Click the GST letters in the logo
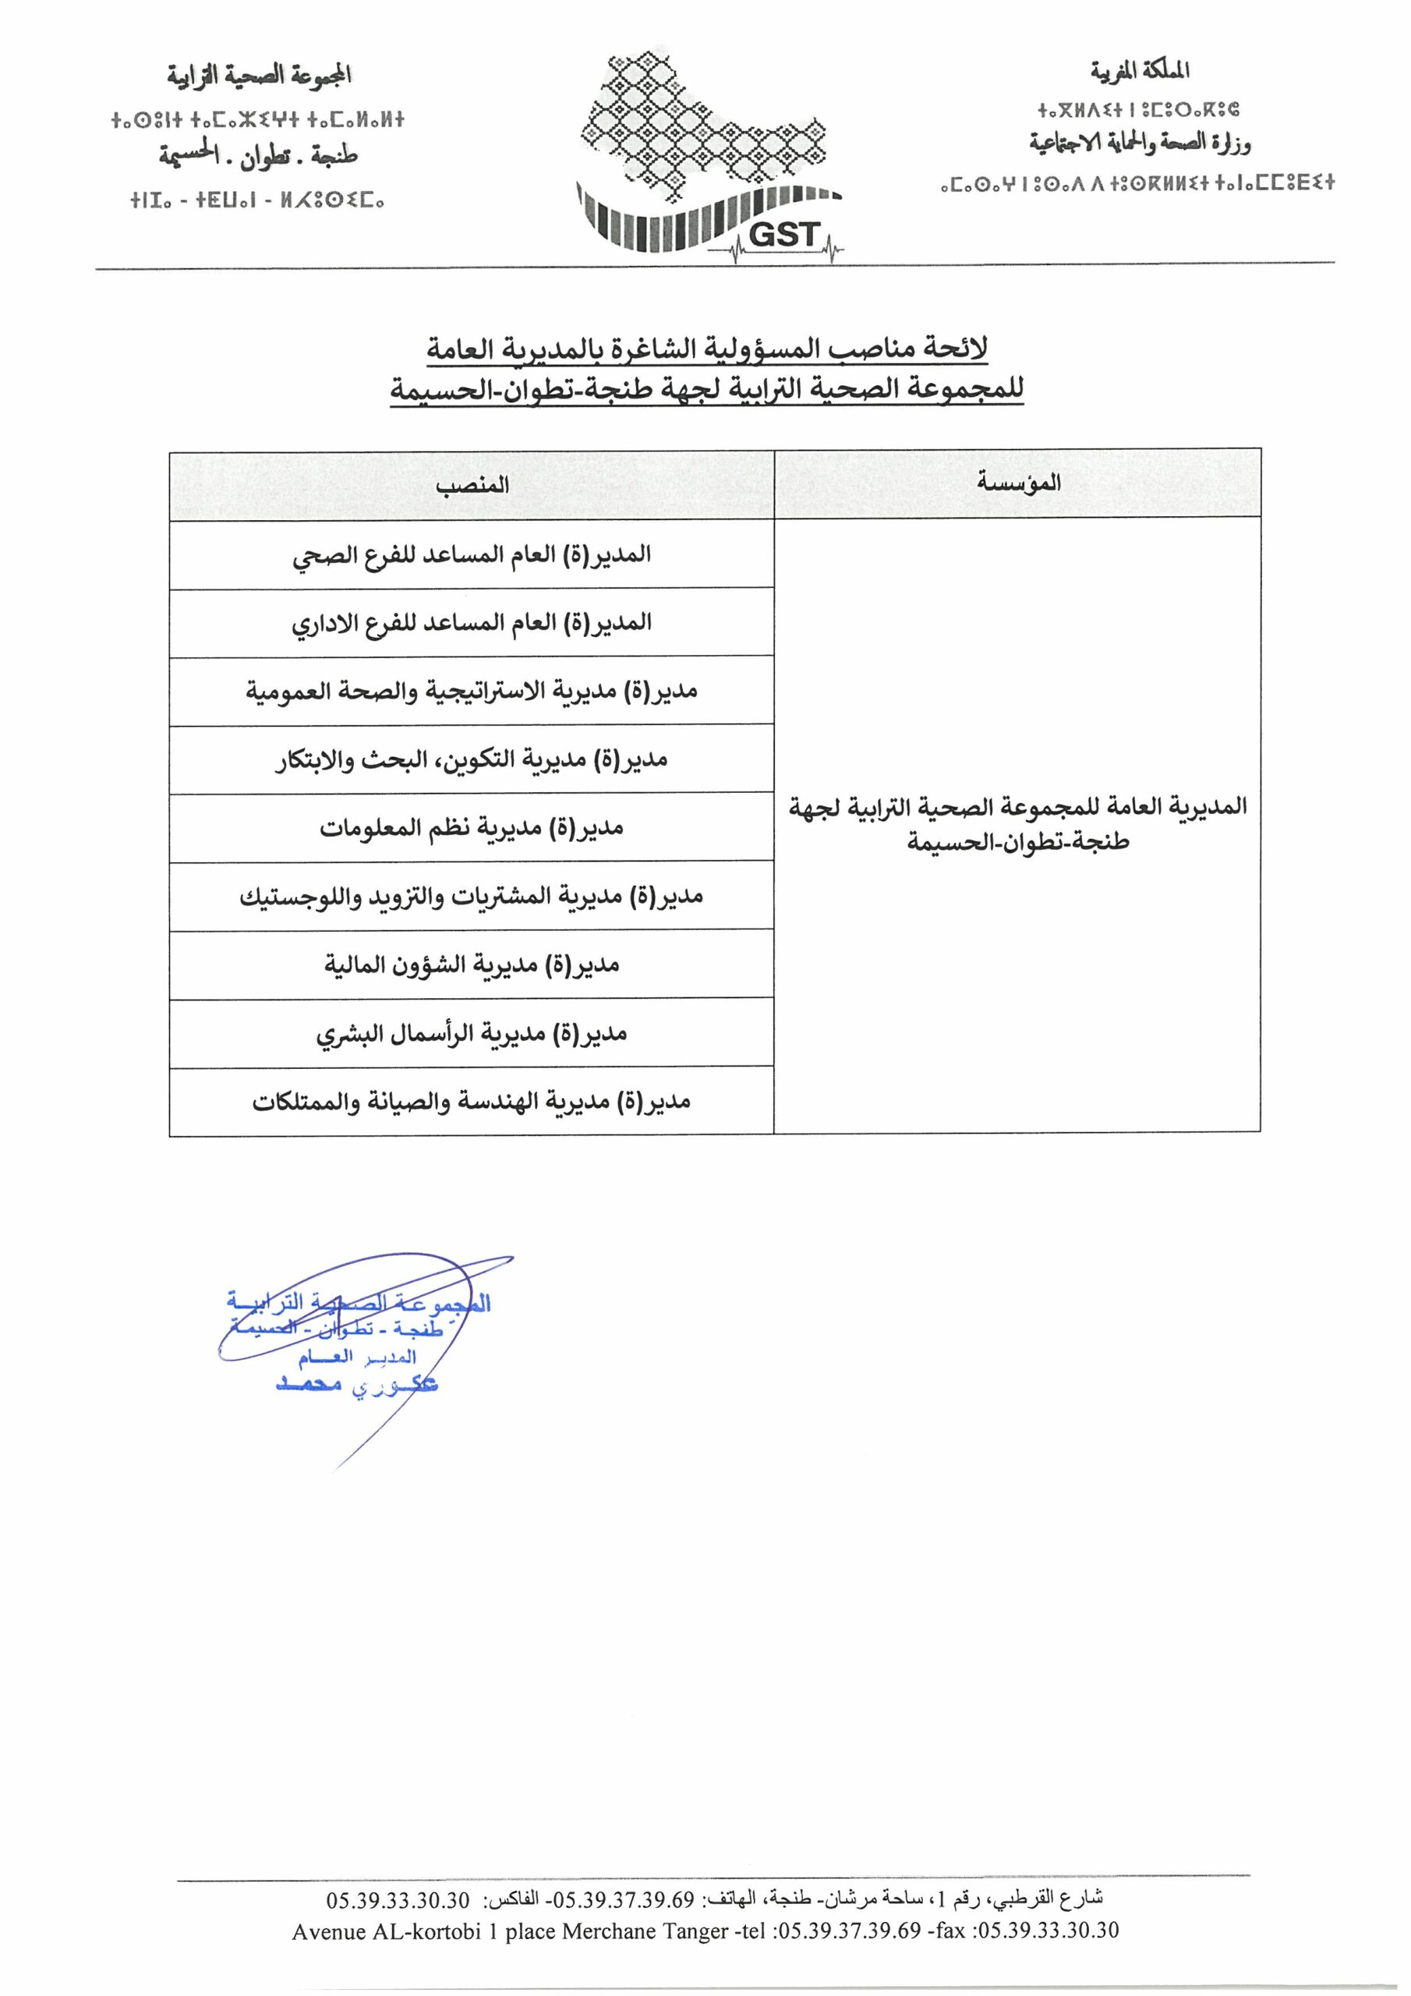[x=783, y=234]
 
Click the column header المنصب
[x=472, y=485]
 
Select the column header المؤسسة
[x=1018, y=483]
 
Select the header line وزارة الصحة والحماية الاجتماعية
[x=1140, y=143]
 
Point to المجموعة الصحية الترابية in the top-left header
[x=259, y=76]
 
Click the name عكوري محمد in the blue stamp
[x=356, y=1385]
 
